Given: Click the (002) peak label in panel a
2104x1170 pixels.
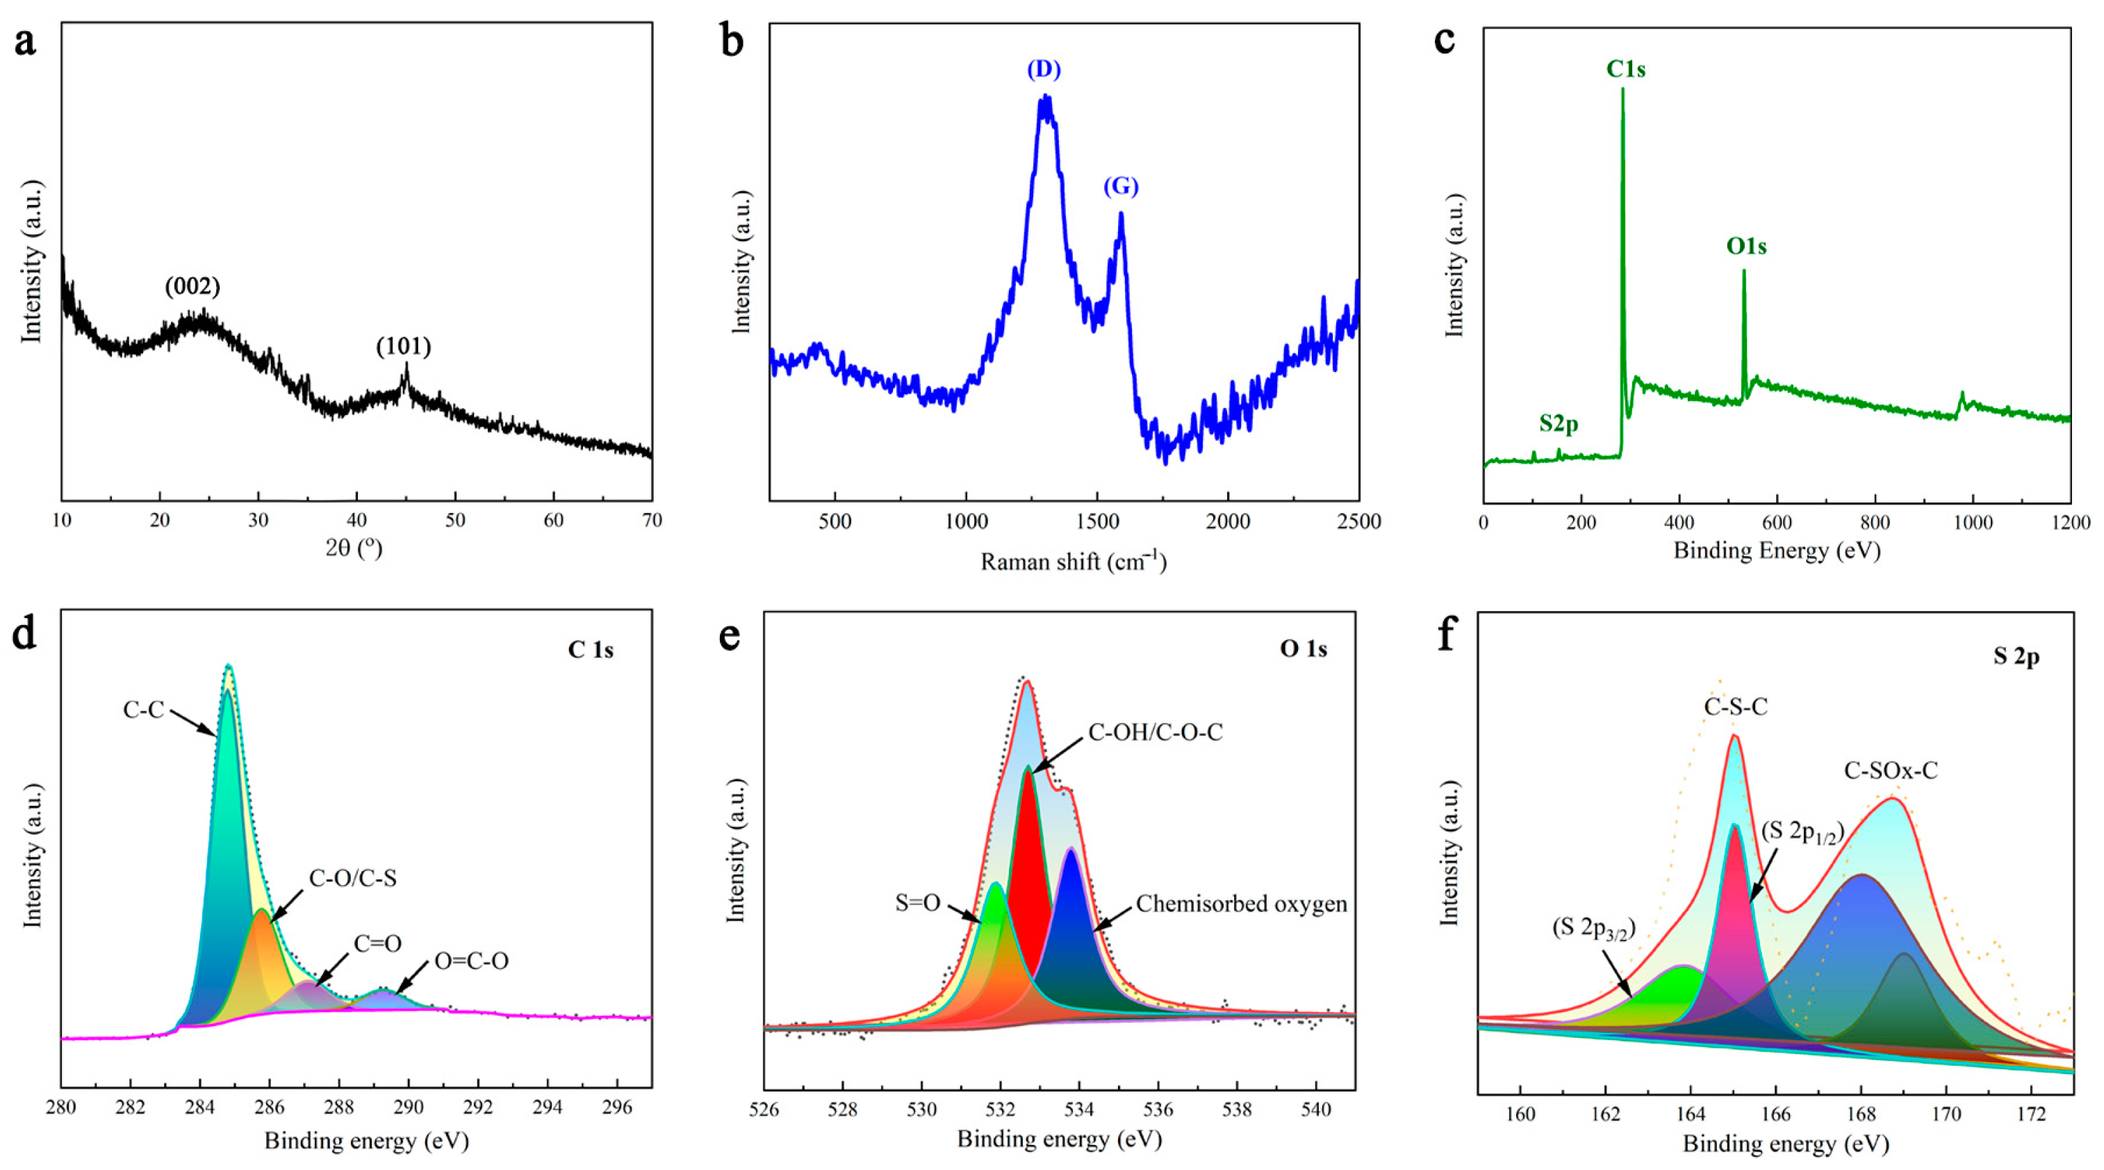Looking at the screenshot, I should click(x=192, y=287).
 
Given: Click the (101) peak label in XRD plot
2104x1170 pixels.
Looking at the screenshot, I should click(x=404, y=346).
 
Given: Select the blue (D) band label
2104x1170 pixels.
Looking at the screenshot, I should click(x=1044, y=70).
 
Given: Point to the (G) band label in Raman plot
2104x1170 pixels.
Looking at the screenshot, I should click(x=1121, y=187).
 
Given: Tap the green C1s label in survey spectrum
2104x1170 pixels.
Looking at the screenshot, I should click(x=1625, y=70).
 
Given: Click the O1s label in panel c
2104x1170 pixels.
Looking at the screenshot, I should click(x=1746, y=246).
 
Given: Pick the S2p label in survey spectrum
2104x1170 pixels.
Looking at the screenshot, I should click(x=1559, y=423).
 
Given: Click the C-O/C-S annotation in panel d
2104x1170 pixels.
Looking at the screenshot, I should click(x=353, y=878).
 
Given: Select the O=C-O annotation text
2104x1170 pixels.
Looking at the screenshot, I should click(x=471, y=961).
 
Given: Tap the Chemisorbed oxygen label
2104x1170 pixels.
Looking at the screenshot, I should click(x=1242, y=904).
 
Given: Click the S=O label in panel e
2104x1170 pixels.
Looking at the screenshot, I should click(x=917, y=903).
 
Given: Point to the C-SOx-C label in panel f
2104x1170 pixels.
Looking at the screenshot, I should click(x=1891, y=770).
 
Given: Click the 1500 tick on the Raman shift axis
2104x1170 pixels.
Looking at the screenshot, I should click(x=1097, y=522).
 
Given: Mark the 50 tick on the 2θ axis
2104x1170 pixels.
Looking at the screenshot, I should click(x=455, y=521).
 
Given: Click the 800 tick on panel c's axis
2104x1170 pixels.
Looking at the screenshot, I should click(x=1875, y=523).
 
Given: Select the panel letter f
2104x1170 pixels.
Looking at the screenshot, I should click(x=1447, y=633).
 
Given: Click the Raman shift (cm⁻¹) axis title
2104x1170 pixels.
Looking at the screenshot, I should click(x=1074, y=562).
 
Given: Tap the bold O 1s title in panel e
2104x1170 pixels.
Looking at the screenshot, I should click(x=1304, y=649).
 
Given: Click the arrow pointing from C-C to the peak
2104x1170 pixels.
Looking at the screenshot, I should click(x=194, y=722).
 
